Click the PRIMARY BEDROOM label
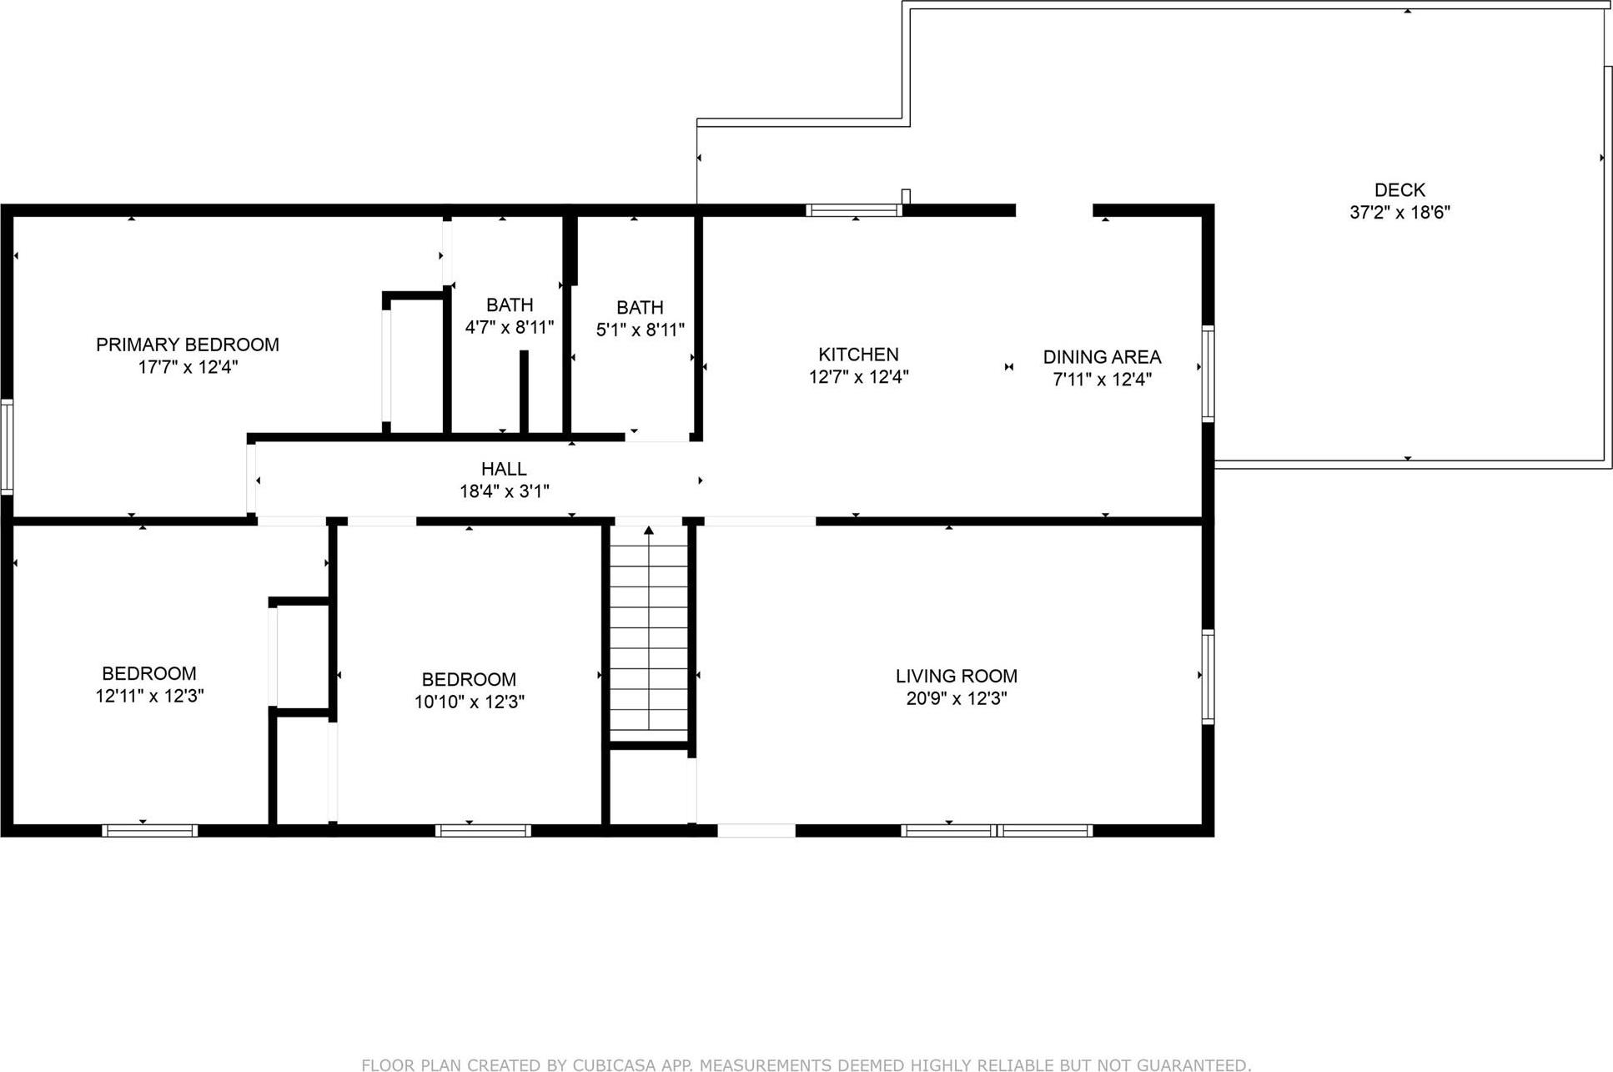[x=188, y=345]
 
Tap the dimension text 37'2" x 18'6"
[x=1399, y=213]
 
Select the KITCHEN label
[x=858, y=355]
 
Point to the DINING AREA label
[x=1102, y=357]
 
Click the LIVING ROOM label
[x=956, y=676]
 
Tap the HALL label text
[x=504, y=469]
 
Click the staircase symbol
[x=649, y=634]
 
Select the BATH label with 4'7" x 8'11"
[x=510, y=305]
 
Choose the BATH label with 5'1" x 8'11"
[x=640, y=308]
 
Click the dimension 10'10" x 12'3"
[x=469, y=702]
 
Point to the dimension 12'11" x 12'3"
[x=149, y=696]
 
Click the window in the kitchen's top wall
[x=854, y=210]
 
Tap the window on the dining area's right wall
[x=1207, y=373]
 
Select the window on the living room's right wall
[x=1207, y=677]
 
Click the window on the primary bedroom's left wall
[x=7, y=447]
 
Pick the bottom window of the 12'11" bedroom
[x=149, y=830]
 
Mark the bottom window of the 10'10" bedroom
[x=483, y=830]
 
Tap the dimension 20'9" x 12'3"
[x=956, y=699]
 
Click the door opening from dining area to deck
[x=1054, y=210]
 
